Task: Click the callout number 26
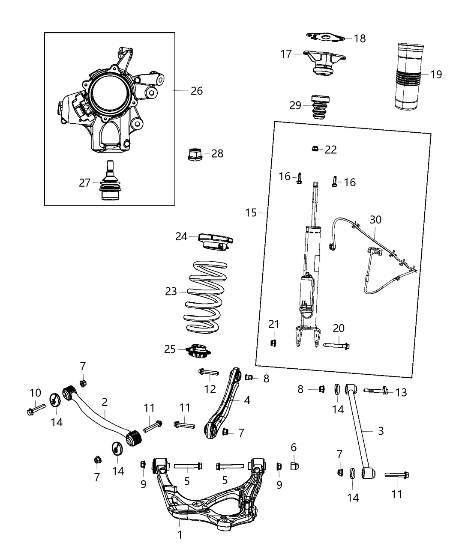[x=197, y=91]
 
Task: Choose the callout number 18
[x=360, y=39]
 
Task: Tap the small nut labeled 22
[x=315, y=149]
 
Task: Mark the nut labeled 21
[x=273, y=343]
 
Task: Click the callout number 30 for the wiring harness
[x=375, y=220]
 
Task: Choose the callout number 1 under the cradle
[x=180, y=534]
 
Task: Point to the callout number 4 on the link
[x=247, y=400]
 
